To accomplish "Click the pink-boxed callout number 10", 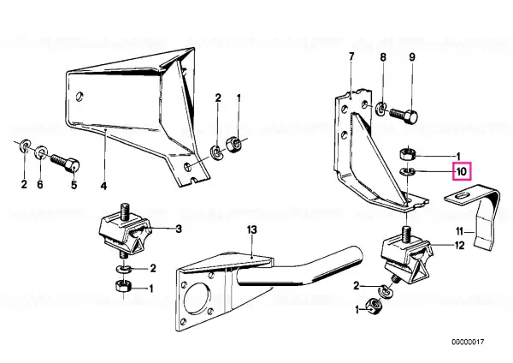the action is pyautogui.click(x=462, y=171).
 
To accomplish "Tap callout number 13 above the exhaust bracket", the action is pyautogui.click(x=251, y=230).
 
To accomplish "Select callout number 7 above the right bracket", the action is pyautogui.click(x=351, y=57).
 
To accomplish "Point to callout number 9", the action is pyautogui.click(x=412, y=57).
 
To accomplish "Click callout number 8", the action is pyautogui.click(x=383, y=57).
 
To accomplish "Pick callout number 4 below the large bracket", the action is pyautogui.click(x=103, y=186).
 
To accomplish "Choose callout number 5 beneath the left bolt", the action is pyautogui.click(x=74, y=185).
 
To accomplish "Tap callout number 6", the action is pyautogui.click(x=40, y=184).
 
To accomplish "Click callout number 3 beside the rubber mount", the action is pyautogui.click(x=179, y=229).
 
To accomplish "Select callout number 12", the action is pyautogui.click(x=460, y=245).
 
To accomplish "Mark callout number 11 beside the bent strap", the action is pyautogui.click(x=460, y=232).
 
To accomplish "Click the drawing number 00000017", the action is pyautogui.click(x=468, y=342).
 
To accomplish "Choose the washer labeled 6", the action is pyautogui.click(x=41, y=152).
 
